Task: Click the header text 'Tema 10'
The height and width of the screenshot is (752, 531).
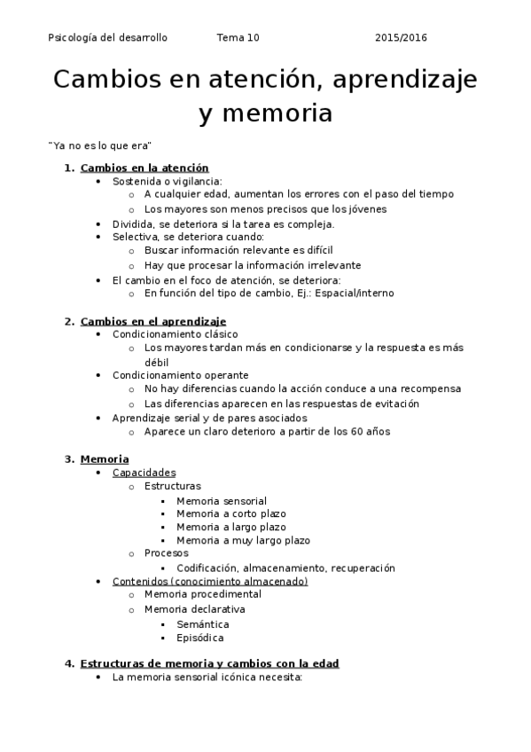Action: tap(238, 37)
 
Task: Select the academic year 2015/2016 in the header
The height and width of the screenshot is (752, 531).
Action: tap(401, 37)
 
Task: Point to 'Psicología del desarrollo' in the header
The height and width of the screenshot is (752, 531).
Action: tap(107, 37)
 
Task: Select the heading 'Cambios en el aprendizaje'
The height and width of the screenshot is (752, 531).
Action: tap(152, 321)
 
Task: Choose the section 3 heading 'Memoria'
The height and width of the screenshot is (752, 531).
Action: tap(104, 458)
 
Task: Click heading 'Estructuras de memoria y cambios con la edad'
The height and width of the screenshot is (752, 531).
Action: tap(209, 662)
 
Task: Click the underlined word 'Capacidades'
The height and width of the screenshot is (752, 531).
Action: tap(144, 473)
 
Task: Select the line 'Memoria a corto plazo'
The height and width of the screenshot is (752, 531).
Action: tap(230, 513)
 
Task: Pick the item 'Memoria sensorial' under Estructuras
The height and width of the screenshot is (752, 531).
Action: tap(221, 500)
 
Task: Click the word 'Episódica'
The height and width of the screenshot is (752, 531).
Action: tap(200, 637)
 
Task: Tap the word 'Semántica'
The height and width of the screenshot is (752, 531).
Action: tap(202, 623)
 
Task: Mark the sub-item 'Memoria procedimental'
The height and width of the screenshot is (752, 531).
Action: tap(202, 594)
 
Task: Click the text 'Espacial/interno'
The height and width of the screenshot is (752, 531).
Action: tap(354, 293)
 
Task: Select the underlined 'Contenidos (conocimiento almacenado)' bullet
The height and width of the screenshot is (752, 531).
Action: tap(210, 581)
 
